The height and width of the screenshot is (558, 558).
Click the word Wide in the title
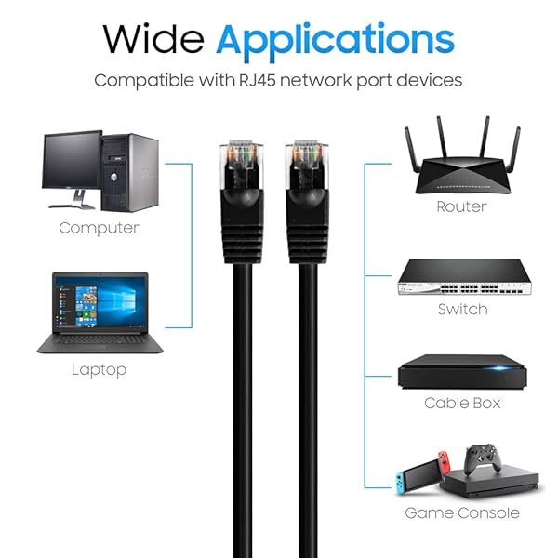click(x=153, y=38)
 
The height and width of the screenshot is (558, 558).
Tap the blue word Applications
click(x=335, y=42)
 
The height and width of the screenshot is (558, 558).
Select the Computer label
click(x=99, y=228)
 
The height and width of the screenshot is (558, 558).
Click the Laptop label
click(x=99, y=370)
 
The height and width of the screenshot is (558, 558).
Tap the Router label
click(x=461, y=206)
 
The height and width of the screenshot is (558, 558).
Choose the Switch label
click(x=462, y=310)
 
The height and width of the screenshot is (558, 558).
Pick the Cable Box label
click(x=462, y=404)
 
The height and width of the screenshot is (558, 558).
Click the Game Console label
click(x=462, y=513)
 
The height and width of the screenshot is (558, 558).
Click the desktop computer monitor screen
click(x=72, y=160)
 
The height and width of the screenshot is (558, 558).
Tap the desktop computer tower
click(x=130, y=173)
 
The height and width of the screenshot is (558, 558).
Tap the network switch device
click(x=464, y=277)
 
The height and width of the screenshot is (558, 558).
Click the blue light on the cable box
click(x=499, y=368)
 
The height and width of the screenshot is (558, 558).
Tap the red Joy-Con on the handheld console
click(x=445, y=461)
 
